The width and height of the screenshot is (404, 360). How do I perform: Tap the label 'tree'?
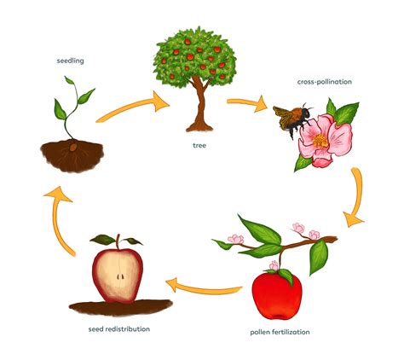click(x=199, y=146)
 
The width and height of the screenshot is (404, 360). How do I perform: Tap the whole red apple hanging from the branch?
click(x=277, y=293)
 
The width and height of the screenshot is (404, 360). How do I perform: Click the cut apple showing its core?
click(x=118, y=273)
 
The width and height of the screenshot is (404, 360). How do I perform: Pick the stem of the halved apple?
click(x=119, y=242)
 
